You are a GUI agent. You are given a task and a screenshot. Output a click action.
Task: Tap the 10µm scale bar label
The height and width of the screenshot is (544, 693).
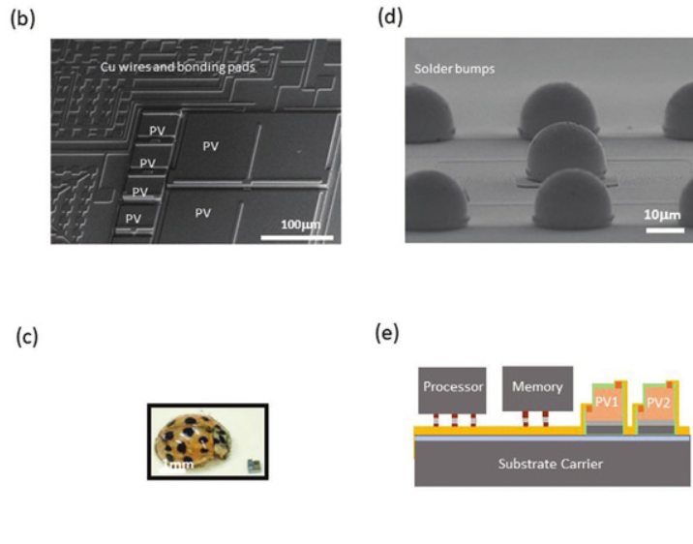667,213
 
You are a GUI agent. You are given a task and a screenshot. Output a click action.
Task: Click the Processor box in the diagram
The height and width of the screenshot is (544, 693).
452,387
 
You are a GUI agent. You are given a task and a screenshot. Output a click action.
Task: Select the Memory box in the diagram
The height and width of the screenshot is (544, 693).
537,387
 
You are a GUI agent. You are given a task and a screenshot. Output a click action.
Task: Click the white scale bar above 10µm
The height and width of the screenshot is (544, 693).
666,229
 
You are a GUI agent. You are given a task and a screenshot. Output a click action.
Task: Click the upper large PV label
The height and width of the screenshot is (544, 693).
210,145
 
